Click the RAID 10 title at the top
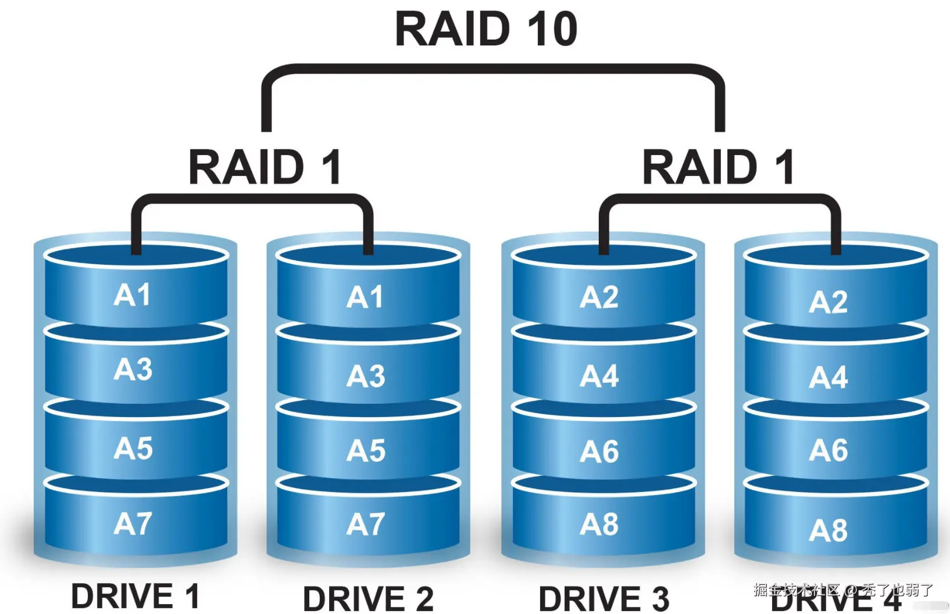coord(486,29)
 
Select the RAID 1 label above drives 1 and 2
coord(265,167)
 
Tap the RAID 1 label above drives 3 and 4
coord(718,167)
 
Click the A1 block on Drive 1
coord(133,295)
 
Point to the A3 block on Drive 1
coord(133,369)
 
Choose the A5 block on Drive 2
coord(366,451)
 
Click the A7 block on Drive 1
coord(133,524)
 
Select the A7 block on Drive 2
coord(366,524)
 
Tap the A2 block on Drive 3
coord(599,297)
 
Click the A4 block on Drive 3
coord(599,376)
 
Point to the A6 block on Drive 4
coord(828,450)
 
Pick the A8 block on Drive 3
coord(599,525)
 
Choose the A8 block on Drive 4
coord(828,530)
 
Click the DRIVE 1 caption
coord(135,597)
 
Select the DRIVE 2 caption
coord(368,599)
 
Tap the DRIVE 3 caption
coord(603,599)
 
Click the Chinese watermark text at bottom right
coord(843,590)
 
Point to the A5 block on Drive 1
coord(133,448)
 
